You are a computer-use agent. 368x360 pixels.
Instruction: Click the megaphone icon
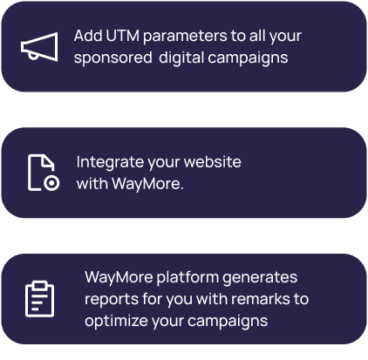click(39, 47)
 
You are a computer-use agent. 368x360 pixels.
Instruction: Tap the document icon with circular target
click(44, 173)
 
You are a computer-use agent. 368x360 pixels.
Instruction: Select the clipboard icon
click(39, 299)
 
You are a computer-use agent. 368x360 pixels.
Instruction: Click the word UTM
click(122, 36)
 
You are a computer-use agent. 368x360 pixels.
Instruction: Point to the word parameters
click(185, 37)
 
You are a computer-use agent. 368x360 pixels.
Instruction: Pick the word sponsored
click(112, 58)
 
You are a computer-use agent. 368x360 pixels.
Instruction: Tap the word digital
click(181, 58)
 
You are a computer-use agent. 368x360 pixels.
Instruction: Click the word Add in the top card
click(88, 36)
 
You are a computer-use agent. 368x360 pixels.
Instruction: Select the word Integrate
click(111, 162)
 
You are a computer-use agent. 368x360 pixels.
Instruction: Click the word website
click(213, 161)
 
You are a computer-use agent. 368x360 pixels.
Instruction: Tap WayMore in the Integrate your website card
click(147, 184)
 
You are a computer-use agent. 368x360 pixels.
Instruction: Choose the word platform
click(187, 277)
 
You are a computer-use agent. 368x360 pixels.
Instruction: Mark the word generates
click(260, 278)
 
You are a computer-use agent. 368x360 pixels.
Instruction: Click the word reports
click(112, 300)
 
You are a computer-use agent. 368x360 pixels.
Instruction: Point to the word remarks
click(261, 299)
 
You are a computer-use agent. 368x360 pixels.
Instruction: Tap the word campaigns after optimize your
click(228, 322)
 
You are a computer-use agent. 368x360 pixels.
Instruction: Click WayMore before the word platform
click(119, 278)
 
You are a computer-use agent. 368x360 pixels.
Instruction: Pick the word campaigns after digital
click(248, 58)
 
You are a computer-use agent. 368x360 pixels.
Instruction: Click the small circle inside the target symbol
click(51, 183)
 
